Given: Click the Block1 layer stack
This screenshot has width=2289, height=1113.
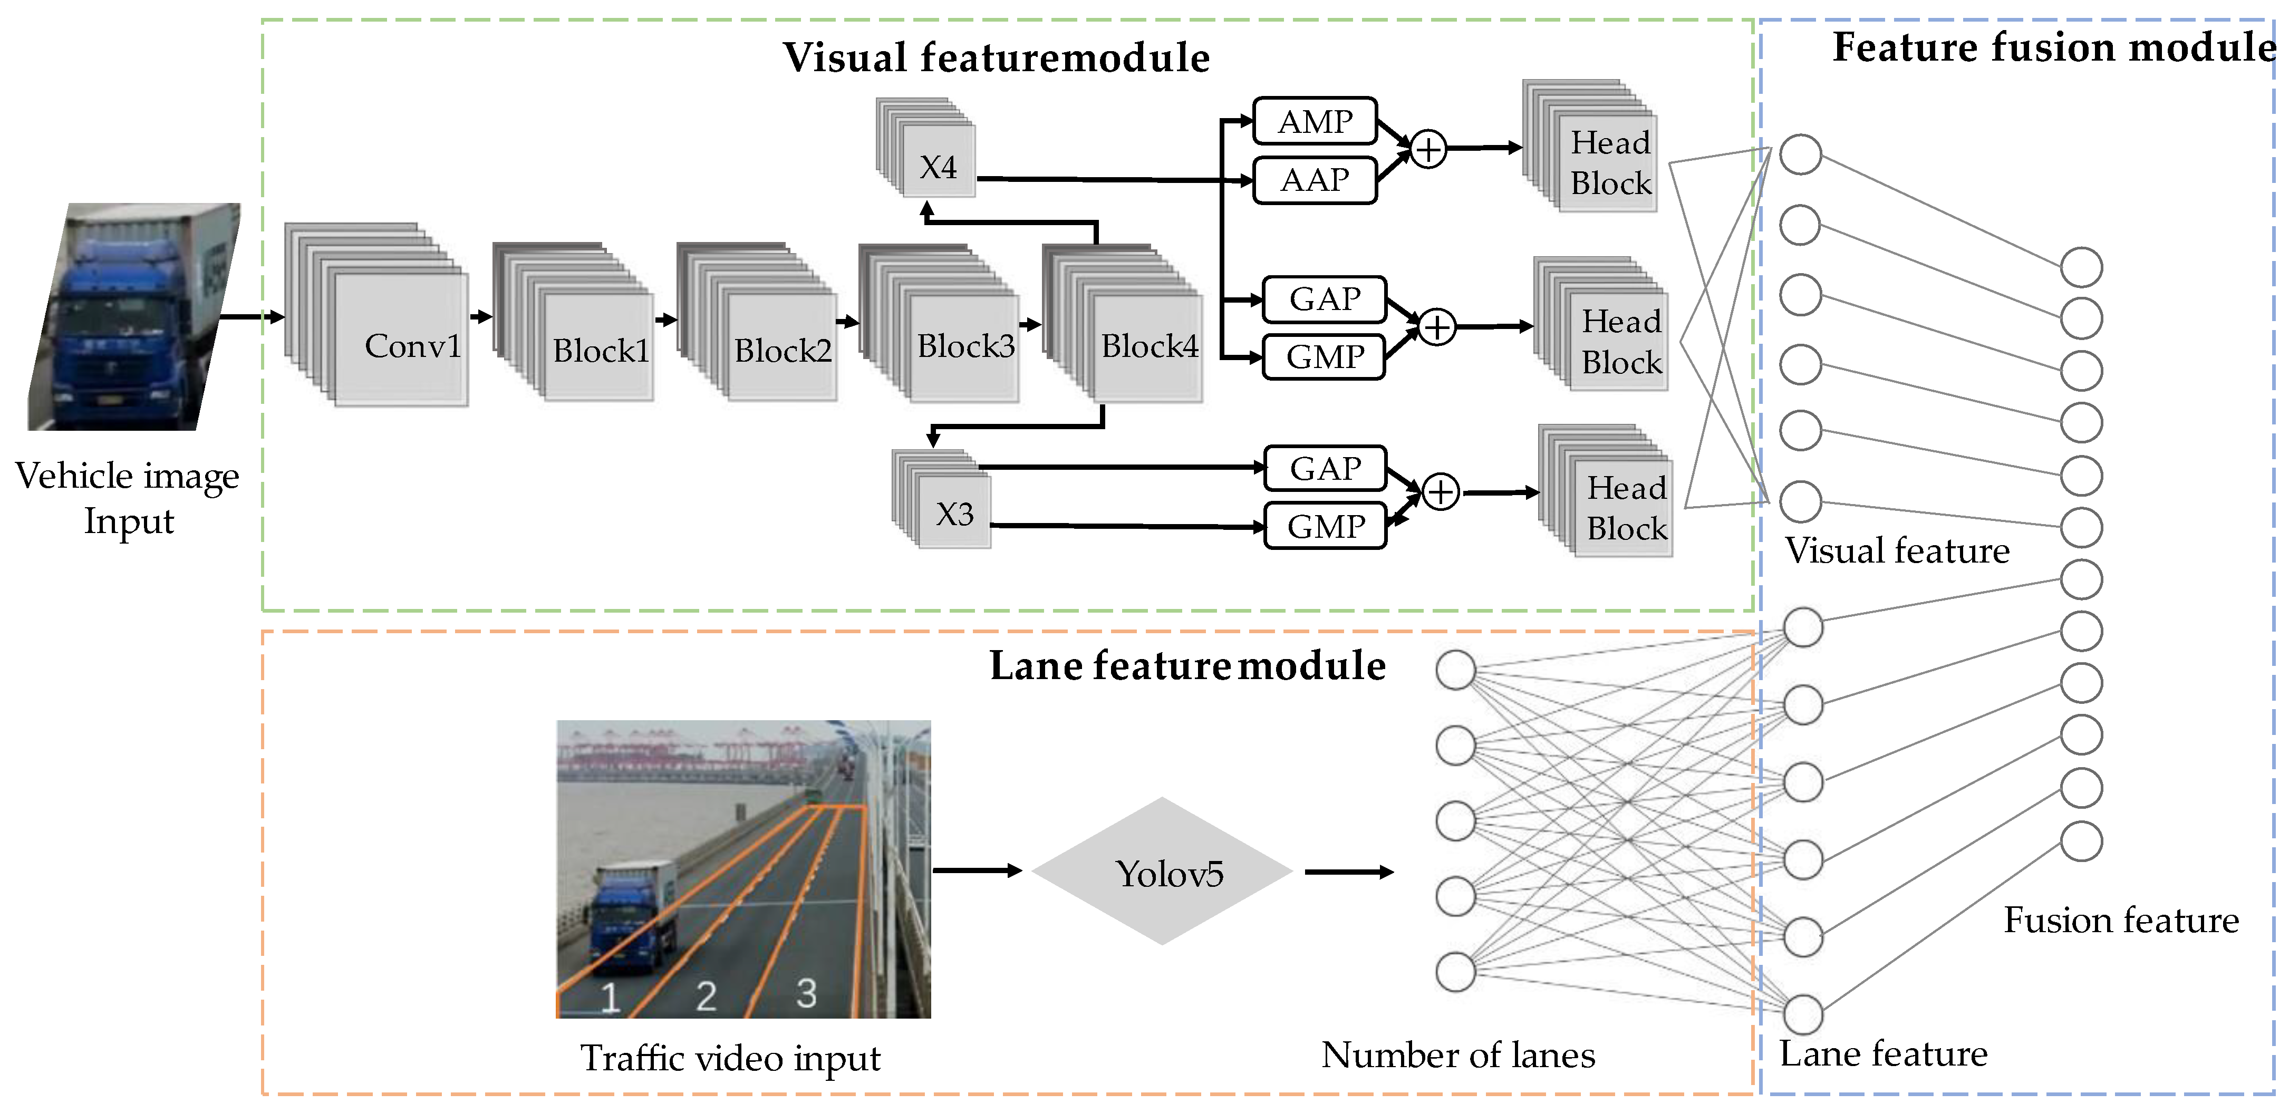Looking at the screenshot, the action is point(573,322).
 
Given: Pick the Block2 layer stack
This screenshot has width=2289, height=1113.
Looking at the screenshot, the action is point(757,322).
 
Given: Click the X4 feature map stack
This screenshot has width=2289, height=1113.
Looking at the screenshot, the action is point(926,148).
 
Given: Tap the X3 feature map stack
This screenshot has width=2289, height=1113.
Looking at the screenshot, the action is point(942,499).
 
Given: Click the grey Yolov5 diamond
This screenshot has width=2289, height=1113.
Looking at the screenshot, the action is point(1162,870).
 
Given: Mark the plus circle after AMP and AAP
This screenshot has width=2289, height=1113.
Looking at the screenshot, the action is point(1428,149).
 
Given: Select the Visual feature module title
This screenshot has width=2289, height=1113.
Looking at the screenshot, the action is point(996,58).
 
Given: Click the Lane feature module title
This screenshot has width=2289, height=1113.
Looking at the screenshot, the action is point(1188,665).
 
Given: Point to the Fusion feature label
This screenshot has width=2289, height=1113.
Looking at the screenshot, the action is point(2121,920).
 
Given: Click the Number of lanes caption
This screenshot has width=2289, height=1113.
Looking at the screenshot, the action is point(1458,1055).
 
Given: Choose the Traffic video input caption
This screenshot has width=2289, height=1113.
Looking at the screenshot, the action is point(730,1059).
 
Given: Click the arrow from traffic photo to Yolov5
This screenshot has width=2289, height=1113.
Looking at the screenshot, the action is point(978,870).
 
